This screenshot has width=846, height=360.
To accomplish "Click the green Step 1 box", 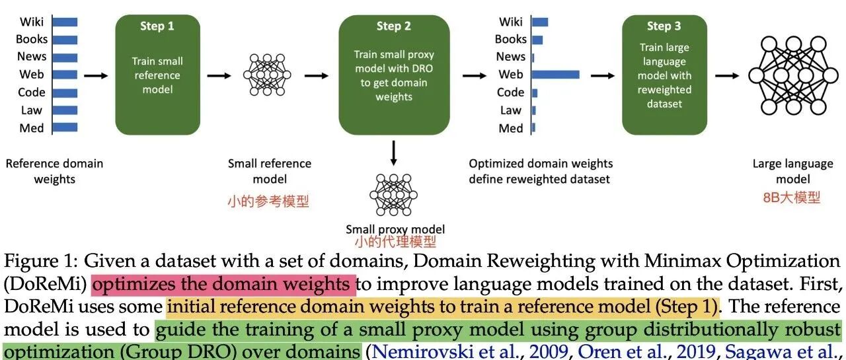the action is (x=157, y=75).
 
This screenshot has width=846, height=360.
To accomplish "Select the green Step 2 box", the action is (x=394, y=75).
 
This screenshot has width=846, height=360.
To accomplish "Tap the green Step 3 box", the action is (x=664, y=75).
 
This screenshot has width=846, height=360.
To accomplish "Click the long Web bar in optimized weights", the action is (x=556, y=75).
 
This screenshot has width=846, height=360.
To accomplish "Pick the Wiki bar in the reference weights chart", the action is (x=65, y=22).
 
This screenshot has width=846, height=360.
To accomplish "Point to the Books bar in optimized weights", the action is (x=537, y=40).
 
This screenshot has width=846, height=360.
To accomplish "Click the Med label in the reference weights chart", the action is (x=32, y=128).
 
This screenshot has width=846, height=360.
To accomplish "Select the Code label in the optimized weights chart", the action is (x=511, y=92).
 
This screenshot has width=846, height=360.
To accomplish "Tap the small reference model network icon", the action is (x=267, y=75).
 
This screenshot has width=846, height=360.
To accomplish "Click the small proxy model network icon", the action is (x=393, y=195).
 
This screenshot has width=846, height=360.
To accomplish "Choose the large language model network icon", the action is (x=793, y=75).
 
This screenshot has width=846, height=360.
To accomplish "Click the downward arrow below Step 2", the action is (x=393, y=153).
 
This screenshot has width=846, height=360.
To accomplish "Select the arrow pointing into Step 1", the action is (x=96, y=76).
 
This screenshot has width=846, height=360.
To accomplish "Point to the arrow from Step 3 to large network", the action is (x=727, y=76).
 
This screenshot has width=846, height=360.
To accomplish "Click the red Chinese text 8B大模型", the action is (x=792, y=198).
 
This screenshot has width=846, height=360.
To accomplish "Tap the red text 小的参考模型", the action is (x=268, y=201).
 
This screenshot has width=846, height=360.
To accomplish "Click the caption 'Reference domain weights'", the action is (x=54, y=171).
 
